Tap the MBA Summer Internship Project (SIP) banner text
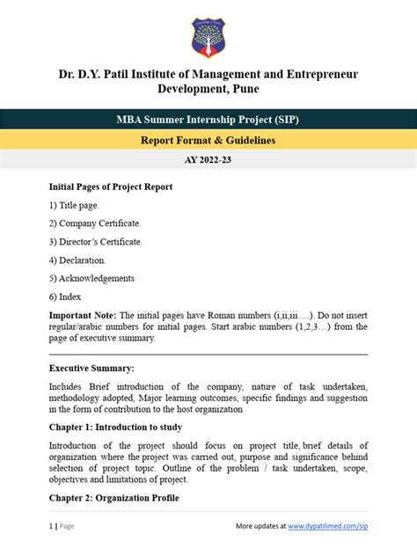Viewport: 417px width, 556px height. [208, 119]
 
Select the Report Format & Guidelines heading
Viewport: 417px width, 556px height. [208, 141]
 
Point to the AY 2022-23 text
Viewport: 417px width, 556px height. [208, 161]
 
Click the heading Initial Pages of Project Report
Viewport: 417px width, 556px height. [111, 187]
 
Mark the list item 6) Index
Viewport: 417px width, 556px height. [65, 296]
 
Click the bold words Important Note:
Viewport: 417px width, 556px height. [82, 315]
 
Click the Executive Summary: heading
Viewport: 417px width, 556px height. [91, 368]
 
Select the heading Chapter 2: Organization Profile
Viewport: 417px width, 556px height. [114, 498]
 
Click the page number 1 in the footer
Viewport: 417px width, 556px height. [51, 526]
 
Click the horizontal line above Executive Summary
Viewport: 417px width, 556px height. [208, 354]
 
